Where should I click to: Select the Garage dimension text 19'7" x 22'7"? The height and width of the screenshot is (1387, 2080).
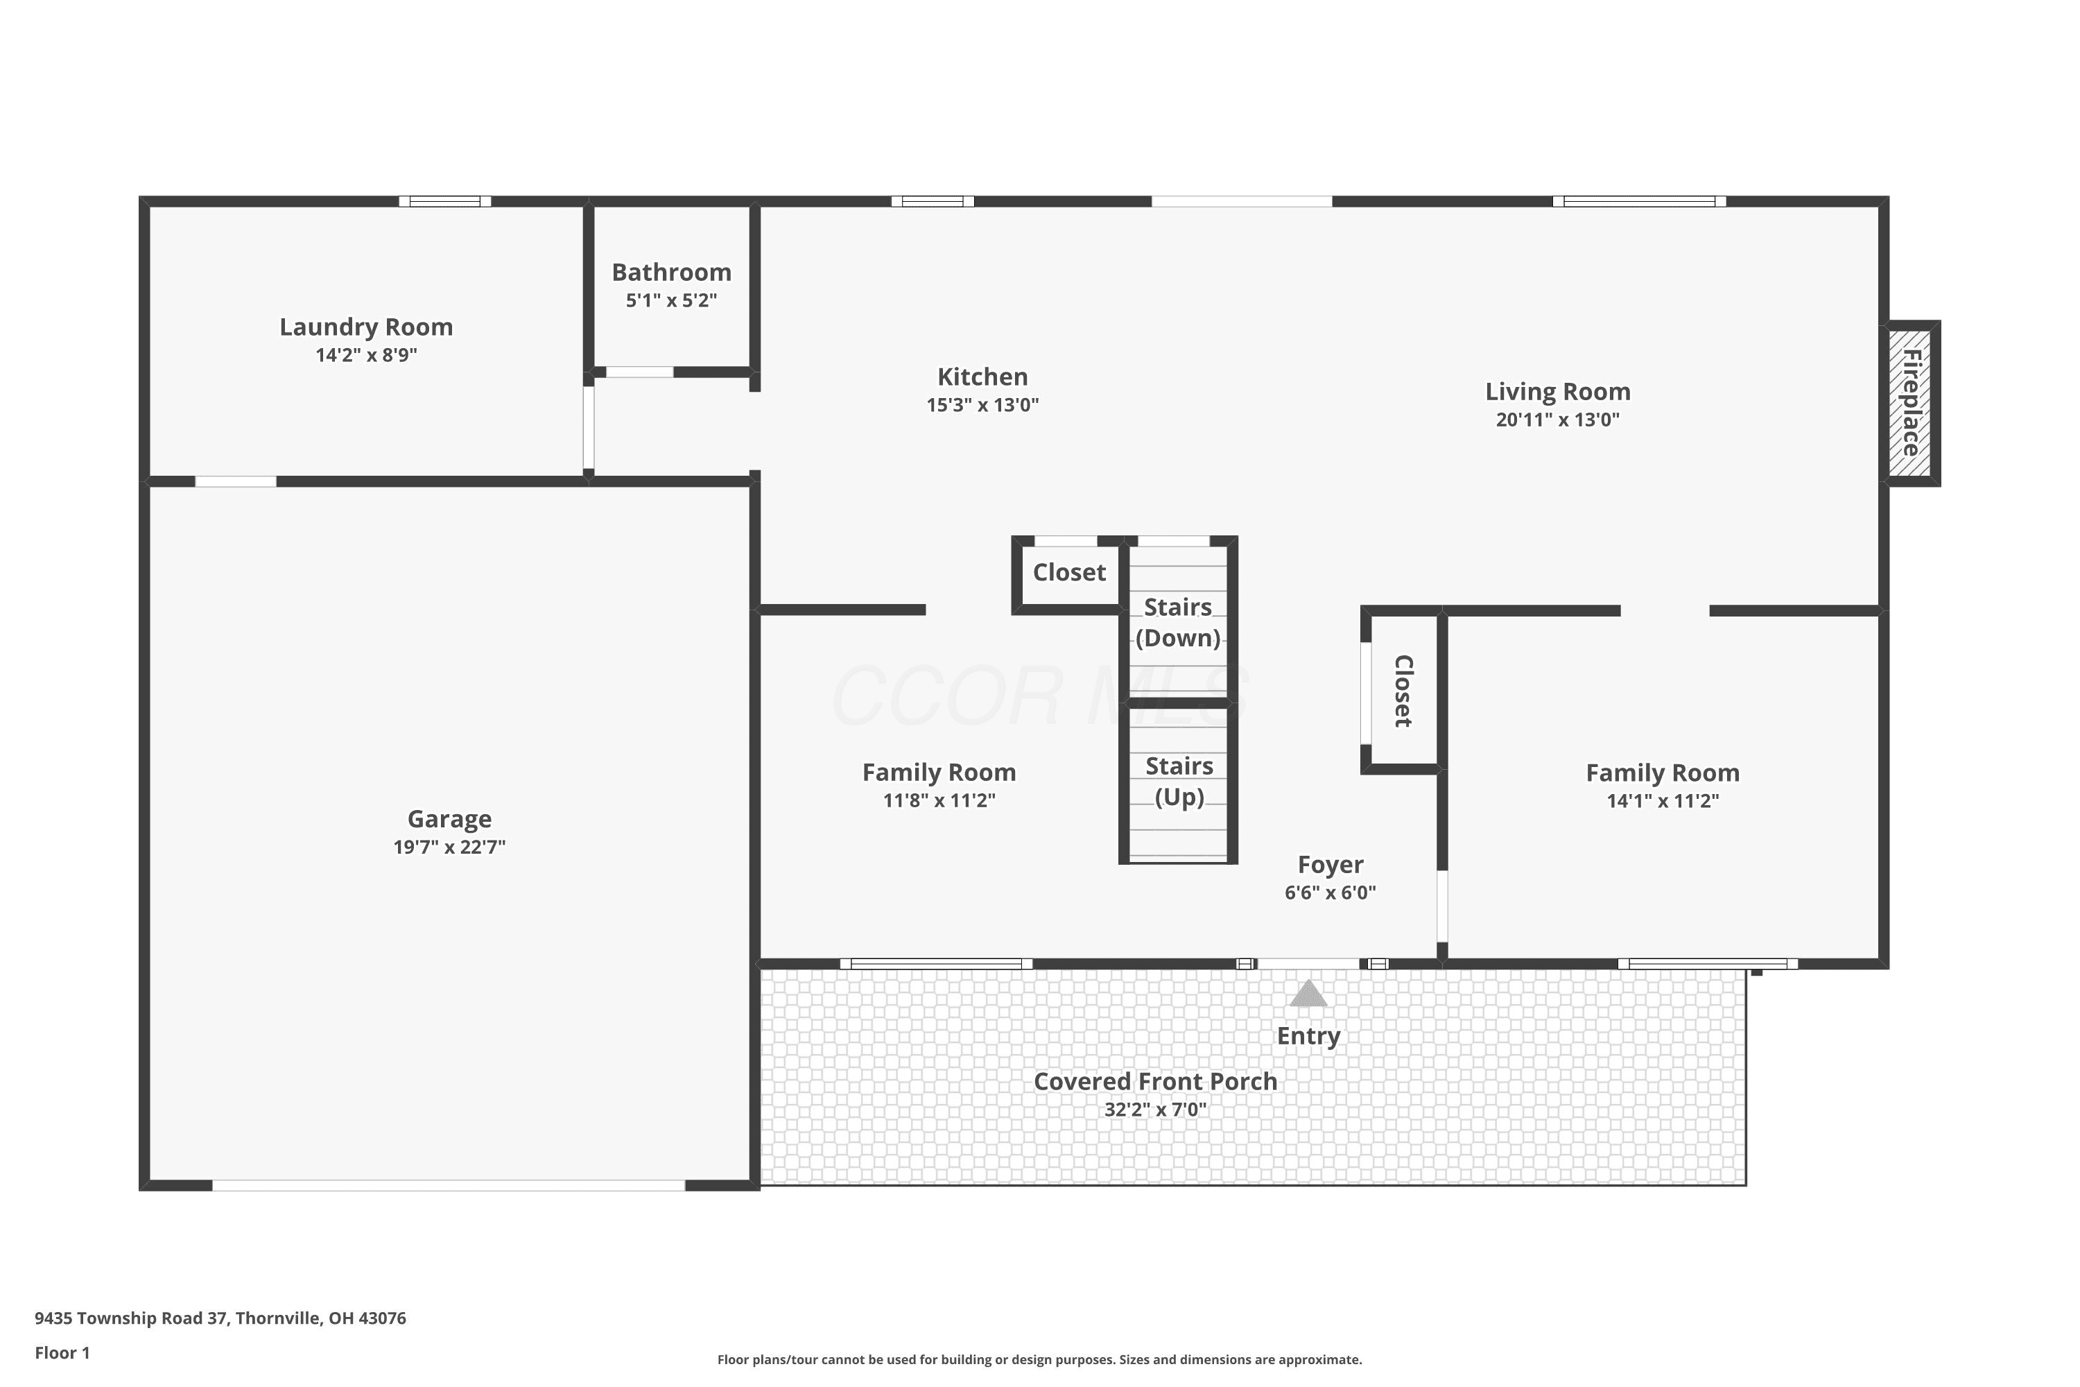pyautogui.click(x=449, y=847)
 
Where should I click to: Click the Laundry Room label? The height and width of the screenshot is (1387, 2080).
pyautogui.click(x=366, y=327)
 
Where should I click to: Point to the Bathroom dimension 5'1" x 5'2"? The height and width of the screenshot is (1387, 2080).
pyautogui.click(x=671, y=300)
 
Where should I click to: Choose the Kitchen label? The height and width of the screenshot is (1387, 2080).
pyautogui.click(x=982, y=377)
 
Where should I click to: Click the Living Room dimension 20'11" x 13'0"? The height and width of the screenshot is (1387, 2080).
pyautogui.click(x=1557, y=420)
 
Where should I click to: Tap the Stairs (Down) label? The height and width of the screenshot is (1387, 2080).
pyautogui.click(x=1178, y=623)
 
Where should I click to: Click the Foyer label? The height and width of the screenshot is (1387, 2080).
pyautogui.click(x=1330, y=864)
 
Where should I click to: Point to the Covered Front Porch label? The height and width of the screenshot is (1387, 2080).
pyautogui.click(x=1155, y=1081)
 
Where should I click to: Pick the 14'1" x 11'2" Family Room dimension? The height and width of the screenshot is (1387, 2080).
pyautogui.click(x=1663, y=800)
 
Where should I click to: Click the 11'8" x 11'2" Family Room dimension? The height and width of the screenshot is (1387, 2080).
pyautogui.click(x=939, y=800)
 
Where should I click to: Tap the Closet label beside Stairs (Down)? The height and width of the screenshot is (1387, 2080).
pyautogui.click(x=1069, y=572)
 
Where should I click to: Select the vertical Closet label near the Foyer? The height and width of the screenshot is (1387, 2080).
pyautogui.click(x=1403, y=691)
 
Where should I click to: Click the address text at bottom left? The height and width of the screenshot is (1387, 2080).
pyautogui.click(x=220, y=1318)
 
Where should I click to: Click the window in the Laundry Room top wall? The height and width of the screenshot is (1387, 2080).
pyautogui.click(x=445, y=202)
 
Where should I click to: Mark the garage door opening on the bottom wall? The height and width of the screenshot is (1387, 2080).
pyautogui.click(x=449, y=1185)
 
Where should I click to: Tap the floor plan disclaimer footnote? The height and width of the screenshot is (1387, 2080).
pyautogui.click(x=1039, y=1359)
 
